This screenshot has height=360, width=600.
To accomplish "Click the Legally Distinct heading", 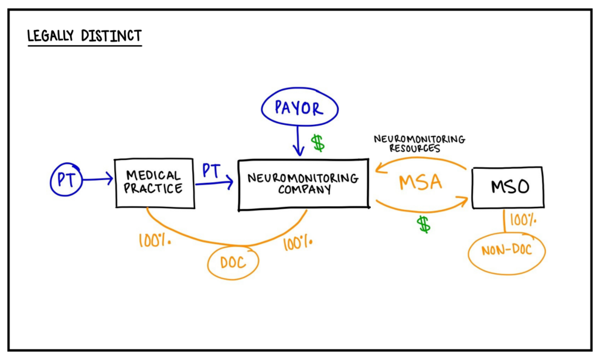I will coord(84,36).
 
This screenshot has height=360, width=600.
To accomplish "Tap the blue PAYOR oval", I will coord(299,108).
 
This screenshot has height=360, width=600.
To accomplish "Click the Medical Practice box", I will coord(155,182).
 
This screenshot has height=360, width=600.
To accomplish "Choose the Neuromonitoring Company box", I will coord(303,184).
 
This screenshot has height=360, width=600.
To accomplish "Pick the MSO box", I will coord(507,187).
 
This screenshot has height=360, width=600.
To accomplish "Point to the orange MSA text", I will coord(420,182).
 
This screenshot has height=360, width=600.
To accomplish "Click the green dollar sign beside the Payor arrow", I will coord(318,142).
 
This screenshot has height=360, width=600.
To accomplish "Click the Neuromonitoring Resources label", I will coord(420,144).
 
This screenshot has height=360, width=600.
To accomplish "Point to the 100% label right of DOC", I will coord(297,243).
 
